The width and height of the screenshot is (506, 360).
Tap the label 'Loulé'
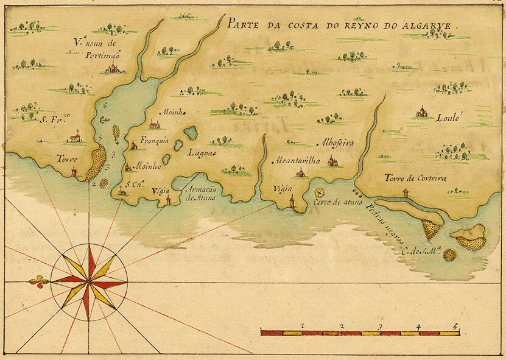click(450, 118)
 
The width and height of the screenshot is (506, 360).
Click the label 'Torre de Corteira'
click(415, 178)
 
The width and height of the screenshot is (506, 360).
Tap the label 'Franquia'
click(153, 138)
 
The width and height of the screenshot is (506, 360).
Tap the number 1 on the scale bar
click(303, 327)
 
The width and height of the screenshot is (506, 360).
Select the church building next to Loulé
click(421, 111)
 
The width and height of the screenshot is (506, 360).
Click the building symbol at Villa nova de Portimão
click(113, 68)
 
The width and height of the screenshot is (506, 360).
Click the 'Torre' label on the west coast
click(67, 158)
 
